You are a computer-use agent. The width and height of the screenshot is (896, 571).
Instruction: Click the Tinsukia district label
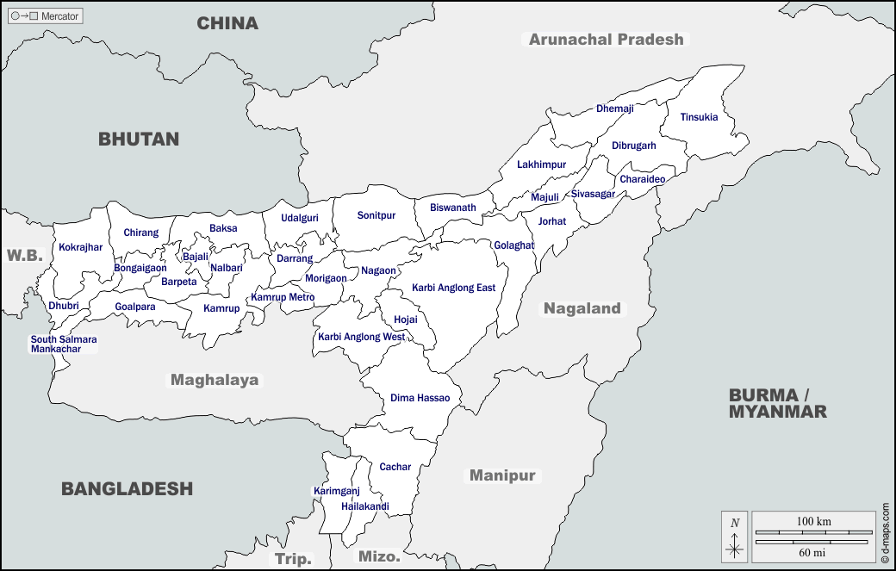pyautogui.click(x=699, y=117)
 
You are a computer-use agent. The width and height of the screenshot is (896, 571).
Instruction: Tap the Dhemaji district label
pyautogui.click(x=614, y=109)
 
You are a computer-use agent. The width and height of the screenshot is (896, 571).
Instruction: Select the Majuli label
pyautogui.click(x=544, y=197)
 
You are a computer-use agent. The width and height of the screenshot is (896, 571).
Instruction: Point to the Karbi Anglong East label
pyautogui.click(x=453, y=288)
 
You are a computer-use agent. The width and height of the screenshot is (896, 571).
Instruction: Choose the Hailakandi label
pyautogui.click(x=364, y=506)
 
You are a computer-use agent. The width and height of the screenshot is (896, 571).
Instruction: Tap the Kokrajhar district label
pyautogui.click(x=80, y=247)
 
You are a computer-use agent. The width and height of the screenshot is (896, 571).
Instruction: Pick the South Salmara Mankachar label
pyautogui.click(x=63, y=344)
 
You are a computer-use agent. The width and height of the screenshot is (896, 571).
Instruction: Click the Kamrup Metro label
pyautogui.click(x=283, y=297)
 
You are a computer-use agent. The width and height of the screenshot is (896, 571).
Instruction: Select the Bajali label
pyautogui.click(x=196, y=257)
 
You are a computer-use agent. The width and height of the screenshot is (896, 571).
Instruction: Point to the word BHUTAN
pyautogui.click(x=139, y=139)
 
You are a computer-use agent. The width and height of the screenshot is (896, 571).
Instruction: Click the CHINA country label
pyautogui.click(x=227, y=23)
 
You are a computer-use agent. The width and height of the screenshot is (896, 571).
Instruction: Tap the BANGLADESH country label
pyautogui.click(x=127, y=488)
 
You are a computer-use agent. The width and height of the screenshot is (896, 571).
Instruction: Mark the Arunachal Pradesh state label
pyautogui.click(x=606, y=39)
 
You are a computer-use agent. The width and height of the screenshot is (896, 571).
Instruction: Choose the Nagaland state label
pyautogui.click(x=582, y=308)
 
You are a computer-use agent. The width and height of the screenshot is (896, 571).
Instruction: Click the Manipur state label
pyautogui.click(x=502, y=475)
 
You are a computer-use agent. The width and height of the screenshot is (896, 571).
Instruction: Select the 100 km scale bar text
pyautogui.click(x=813, y=522)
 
